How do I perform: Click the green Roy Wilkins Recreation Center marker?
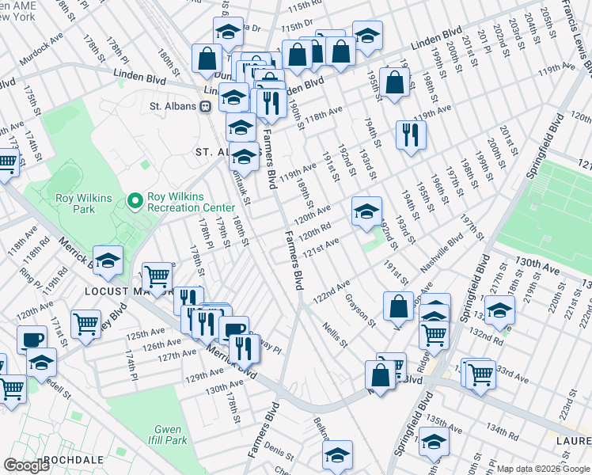(135, 203)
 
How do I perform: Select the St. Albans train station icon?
(205, 105)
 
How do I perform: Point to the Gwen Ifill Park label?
(168, 435)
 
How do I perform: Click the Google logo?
(27, 465)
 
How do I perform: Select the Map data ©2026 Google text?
(543, 469)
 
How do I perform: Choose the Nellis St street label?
(334, 333)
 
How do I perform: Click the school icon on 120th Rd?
(366, 211)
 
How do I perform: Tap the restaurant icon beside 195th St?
(411, 133)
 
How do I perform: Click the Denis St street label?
(279, 451)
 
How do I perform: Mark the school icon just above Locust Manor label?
(108, 260)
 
